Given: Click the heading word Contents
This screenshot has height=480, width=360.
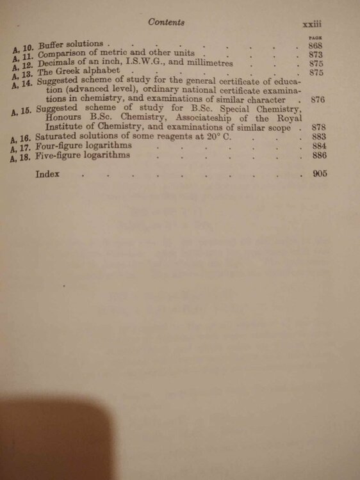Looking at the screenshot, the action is [166, 22].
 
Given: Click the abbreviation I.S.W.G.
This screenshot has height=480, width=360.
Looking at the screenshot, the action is [146, 63].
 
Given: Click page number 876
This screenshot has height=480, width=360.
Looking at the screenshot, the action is [318, 100].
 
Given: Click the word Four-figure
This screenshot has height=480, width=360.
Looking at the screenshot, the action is [60, 146].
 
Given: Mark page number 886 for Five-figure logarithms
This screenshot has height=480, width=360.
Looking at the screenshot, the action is [319, 156].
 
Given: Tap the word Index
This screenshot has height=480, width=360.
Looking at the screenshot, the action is [48, 173].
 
